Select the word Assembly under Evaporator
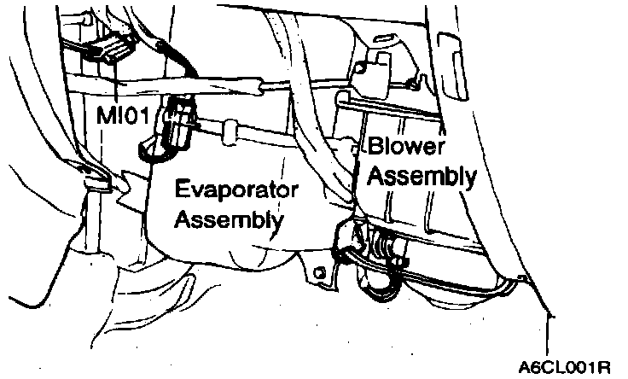228,219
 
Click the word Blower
407,147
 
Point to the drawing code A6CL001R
565,368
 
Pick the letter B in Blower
375,147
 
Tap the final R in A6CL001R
604,368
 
